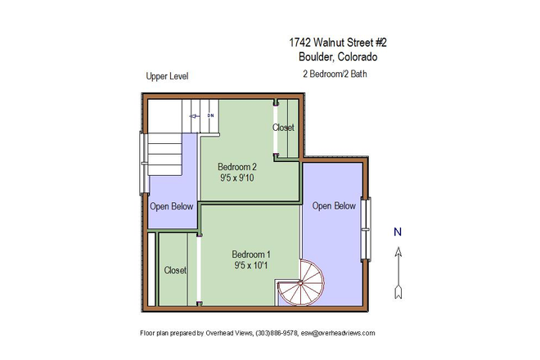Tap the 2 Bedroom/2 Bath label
(x=335, y=74)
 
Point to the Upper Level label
(x=167, y=76)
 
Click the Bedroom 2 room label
(x=237, y=167)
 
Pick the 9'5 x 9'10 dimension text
(x=237, y=178)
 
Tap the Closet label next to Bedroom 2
(x=284, y=128)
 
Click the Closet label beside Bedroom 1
(x=175, y=270)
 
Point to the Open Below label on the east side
(x=334, y=206)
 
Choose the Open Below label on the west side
(x=171, y=206)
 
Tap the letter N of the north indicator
(x=398, y=232)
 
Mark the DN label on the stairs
(x=210, y=116)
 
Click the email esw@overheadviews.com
(x=338, y=334)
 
